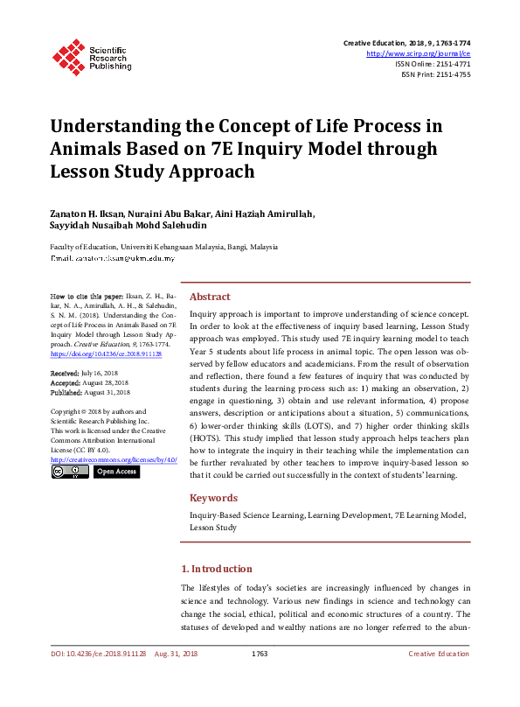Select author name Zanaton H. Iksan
pyautogui.click(x=91, y=214)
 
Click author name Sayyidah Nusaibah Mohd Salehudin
pyautogui.click(x=128, y=227)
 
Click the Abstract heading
pyautogui.click(x=210, y=297)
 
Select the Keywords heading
pyautogui.click(x=213, y=498)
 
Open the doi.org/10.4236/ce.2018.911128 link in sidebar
pyautogui.click(x=106, y=353)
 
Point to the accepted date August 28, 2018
pyautogui.click(x=108, y=382)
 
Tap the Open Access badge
pyautogui.click(x=115, y=472)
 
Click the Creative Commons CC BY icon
pyautogui.click(x=69, y=472)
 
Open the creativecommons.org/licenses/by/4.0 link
pyautogui.click(x=114, y=459)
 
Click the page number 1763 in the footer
pyautogui.click(x=259, y=654)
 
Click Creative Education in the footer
pyautogui.click(x=440, y=654)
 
